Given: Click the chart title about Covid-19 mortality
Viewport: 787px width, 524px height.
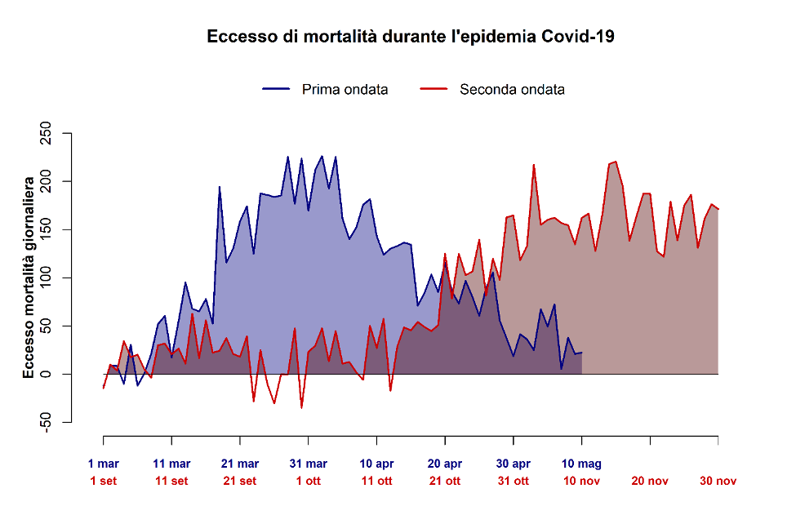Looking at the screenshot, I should (x=410, y=37).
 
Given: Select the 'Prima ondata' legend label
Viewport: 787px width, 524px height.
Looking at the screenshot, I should (x=345, y=89).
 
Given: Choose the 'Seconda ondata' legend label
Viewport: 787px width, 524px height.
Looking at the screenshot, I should (x=512, y=89).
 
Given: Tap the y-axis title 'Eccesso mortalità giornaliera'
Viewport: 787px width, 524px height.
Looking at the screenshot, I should (x=29, y=276).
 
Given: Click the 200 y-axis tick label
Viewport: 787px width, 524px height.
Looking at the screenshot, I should (x=46, y=181).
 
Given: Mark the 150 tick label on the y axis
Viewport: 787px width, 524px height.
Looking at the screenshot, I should (x=46, y=229).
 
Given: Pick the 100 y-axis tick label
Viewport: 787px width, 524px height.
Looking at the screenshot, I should (x=46, y=278).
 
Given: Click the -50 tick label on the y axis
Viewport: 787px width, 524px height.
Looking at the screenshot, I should (x=46, y=421).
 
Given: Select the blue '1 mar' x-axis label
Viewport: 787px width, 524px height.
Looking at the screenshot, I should (x=104, y=464).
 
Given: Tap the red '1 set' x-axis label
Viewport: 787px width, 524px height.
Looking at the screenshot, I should (x=104, y=481).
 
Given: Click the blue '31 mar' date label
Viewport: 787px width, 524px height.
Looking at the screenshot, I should (x=309, y=464).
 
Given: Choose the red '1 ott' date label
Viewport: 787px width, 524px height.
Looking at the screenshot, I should (x=309, y=481).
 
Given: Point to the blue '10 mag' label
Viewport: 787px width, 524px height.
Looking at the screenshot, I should (x=581, y=464).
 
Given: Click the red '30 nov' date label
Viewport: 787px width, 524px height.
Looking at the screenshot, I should (x=718, y=481).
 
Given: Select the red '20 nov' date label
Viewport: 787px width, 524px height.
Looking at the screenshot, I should (x=650, y=481).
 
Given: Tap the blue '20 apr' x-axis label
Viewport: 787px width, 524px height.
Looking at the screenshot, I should (x=445, y=464).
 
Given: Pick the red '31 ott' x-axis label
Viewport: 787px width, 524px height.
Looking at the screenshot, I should (x=514, y=481).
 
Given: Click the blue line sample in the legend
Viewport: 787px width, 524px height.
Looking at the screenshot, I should (x=275, y=89).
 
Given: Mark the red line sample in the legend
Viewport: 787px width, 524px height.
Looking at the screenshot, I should (x=433, y=89).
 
